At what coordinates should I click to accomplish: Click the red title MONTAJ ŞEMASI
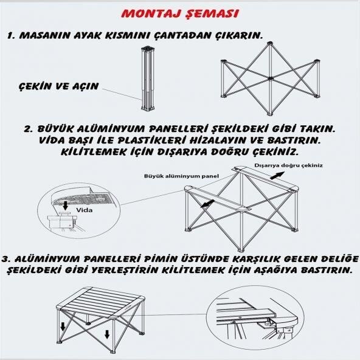[x=179, y=13]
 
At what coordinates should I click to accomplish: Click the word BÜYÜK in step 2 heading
[x=65, y=130]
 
